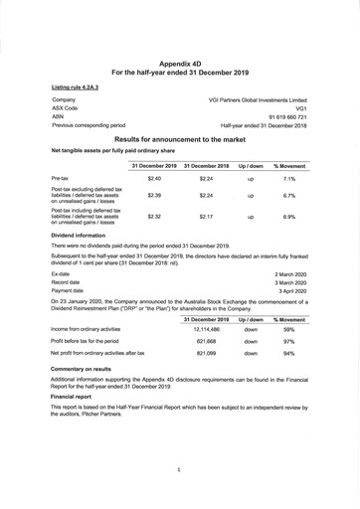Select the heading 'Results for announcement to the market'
[180, 141]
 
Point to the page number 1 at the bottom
[179, 467]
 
